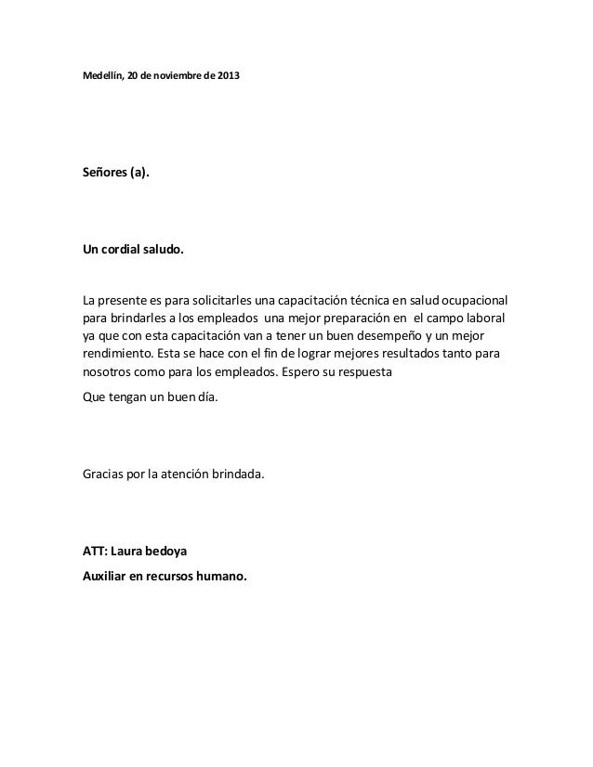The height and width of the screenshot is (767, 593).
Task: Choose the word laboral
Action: [x=488, y=318]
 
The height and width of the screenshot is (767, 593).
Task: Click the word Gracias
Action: [x=106, y=476]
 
